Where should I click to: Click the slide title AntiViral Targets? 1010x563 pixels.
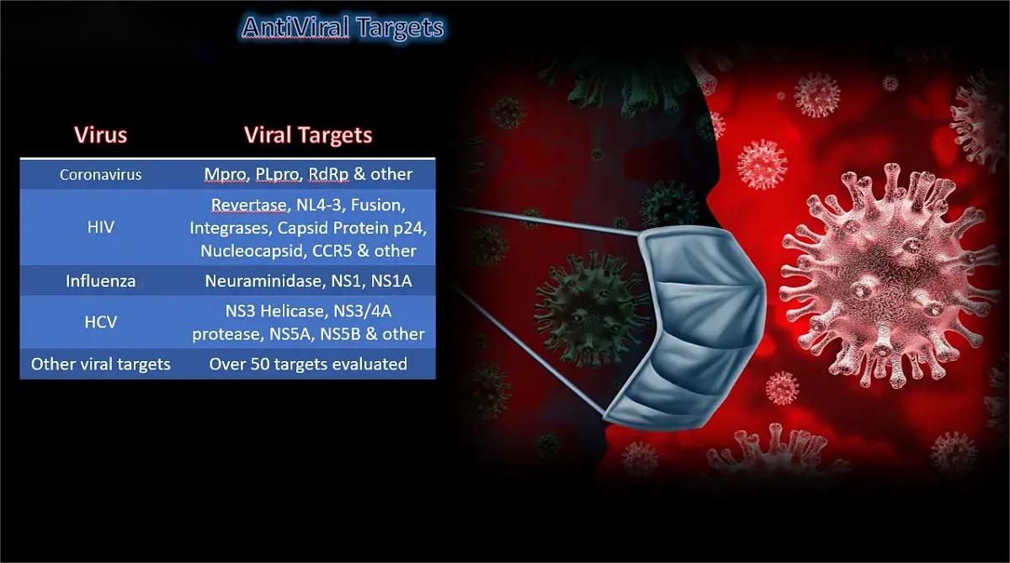click(x=342, y=28)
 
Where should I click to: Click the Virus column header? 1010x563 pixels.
click(x=100, y=135)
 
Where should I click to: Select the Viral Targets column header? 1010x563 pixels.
click(x=308, y=135)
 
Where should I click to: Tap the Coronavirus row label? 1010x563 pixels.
click(x=100, y=175)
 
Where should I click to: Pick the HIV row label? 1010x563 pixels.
click(x=100, y=227)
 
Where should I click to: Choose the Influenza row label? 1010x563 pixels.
click(x=100, y=281)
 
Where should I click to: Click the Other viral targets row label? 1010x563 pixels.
click(x=100, y=364)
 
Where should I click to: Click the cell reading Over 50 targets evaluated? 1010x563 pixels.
click(x=308, y=364)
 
